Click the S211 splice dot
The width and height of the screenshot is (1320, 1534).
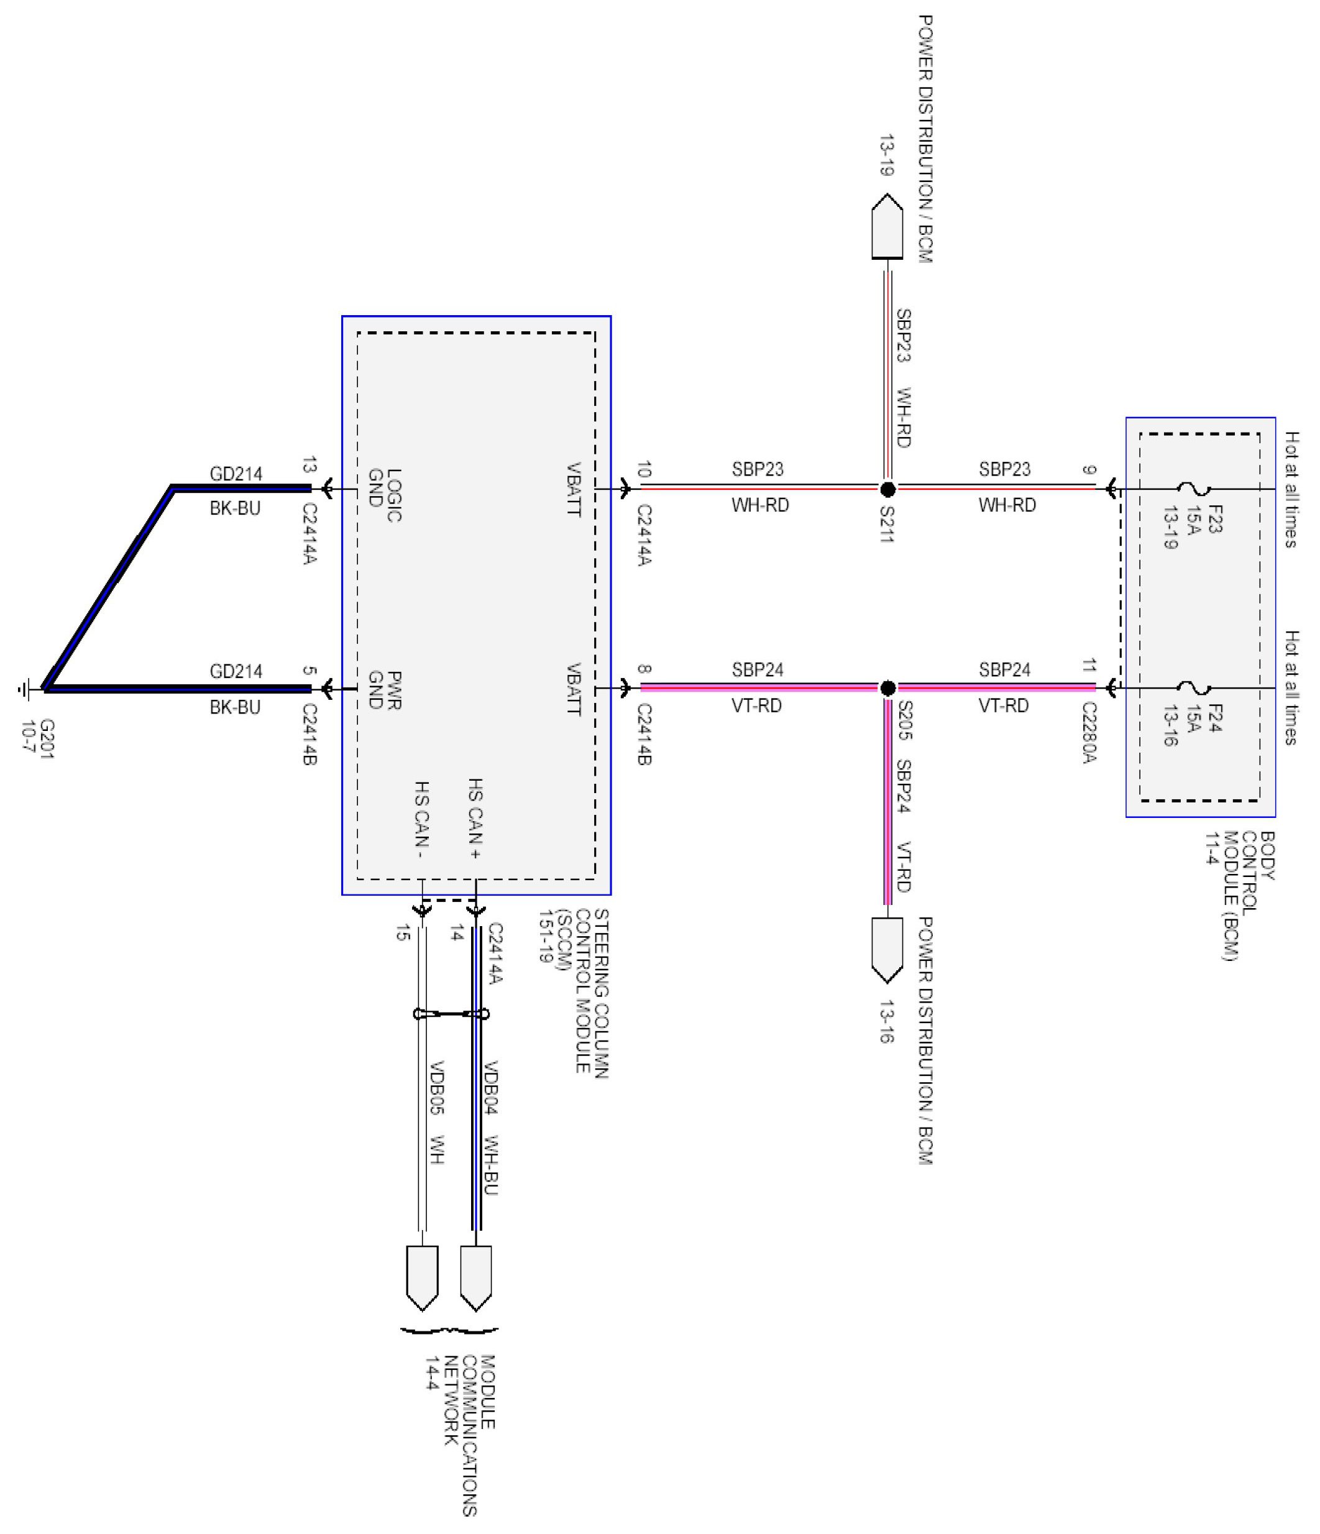(887, 489)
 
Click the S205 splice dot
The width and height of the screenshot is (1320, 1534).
(887, 688)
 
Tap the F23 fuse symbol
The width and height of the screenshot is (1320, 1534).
(1193, 489)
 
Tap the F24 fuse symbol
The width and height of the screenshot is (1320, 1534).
(1193, 689)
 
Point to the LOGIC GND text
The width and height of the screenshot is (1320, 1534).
(385, 495)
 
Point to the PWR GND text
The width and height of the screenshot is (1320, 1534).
(385, 690)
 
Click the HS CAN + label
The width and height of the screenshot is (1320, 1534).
(475, 818)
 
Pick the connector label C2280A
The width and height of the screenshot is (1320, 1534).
(1088, 733)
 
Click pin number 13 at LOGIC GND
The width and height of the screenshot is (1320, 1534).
(309, 465)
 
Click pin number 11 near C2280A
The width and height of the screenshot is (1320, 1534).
(1088, 666)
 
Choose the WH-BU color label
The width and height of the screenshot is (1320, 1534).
(490, 1165)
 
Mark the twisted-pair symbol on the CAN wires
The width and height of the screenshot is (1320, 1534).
(451, 1014)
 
